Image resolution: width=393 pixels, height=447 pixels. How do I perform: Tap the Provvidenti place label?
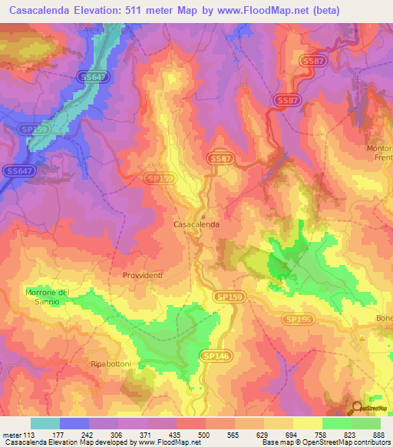pyautogui.click(x=143, y=274)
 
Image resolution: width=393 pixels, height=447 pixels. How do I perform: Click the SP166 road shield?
pyautogui.click(x=298, y=318)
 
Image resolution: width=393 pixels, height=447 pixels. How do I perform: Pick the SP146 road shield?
pyautogui.click(x=214, y=356)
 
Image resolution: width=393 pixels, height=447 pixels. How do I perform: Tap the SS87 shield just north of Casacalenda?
pyautogui.click(x=219, y=157)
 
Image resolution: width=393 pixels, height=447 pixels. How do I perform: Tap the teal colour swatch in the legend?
pyautogui.click(x=45, y=423)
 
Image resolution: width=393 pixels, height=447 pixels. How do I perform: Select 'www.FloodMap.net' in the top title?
pyautogui.click(x=257, y=10)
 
